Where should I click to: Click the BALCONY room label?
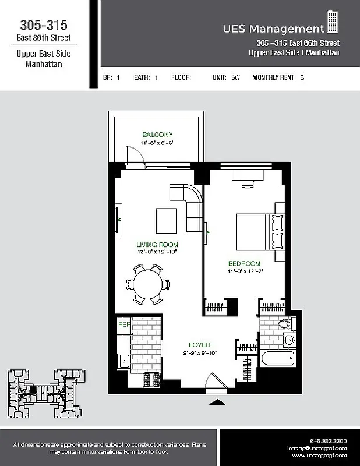(157, 135)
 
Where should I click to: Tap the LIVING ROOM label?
(157, 245)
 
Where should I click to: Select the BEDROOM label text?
(243, 264)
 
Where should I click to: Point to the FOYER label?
(199, 345)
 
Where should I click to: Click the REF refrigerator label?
(123, 324)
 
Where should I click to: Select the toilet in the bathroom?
(285, 324)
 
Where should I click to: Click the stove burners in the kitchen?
(151, 380)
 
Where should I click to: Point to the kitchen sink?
(123, 361)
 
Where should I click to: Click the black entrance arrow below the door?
(217, 401)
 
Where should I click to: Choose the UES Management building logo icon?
(332, 23)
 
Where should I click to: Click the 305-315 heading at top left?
(44, 25)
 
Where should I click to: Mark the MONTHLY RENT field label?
(274, 77)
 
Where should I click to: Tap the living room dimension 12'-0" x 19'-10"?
(157, 252)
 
